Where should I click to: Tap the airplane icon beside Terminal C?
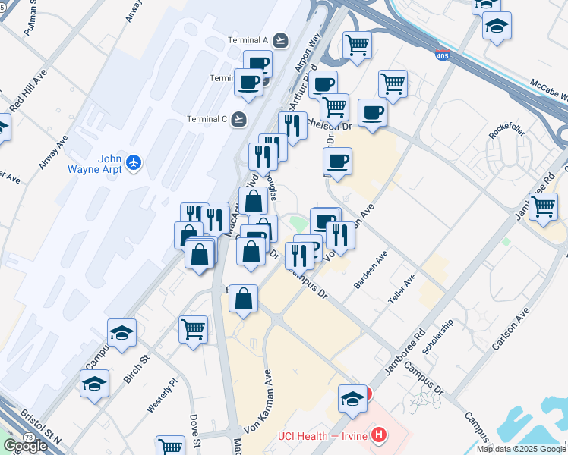(239, 118)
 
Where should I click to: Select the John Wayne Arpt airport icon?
(134, 161)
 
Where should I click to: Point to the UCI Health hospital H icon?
(377, 435)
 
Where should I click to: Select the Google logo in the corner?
(25, 446)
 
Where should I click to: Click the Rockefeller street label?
(502, 130)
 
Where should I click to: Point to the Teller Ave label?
(402, 290)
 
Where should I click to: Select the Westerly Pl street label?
(162, 395)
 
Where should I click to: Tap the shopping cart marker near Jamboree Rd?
(543, 206)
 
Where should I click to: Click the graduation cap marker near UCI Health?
(353, 398)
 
